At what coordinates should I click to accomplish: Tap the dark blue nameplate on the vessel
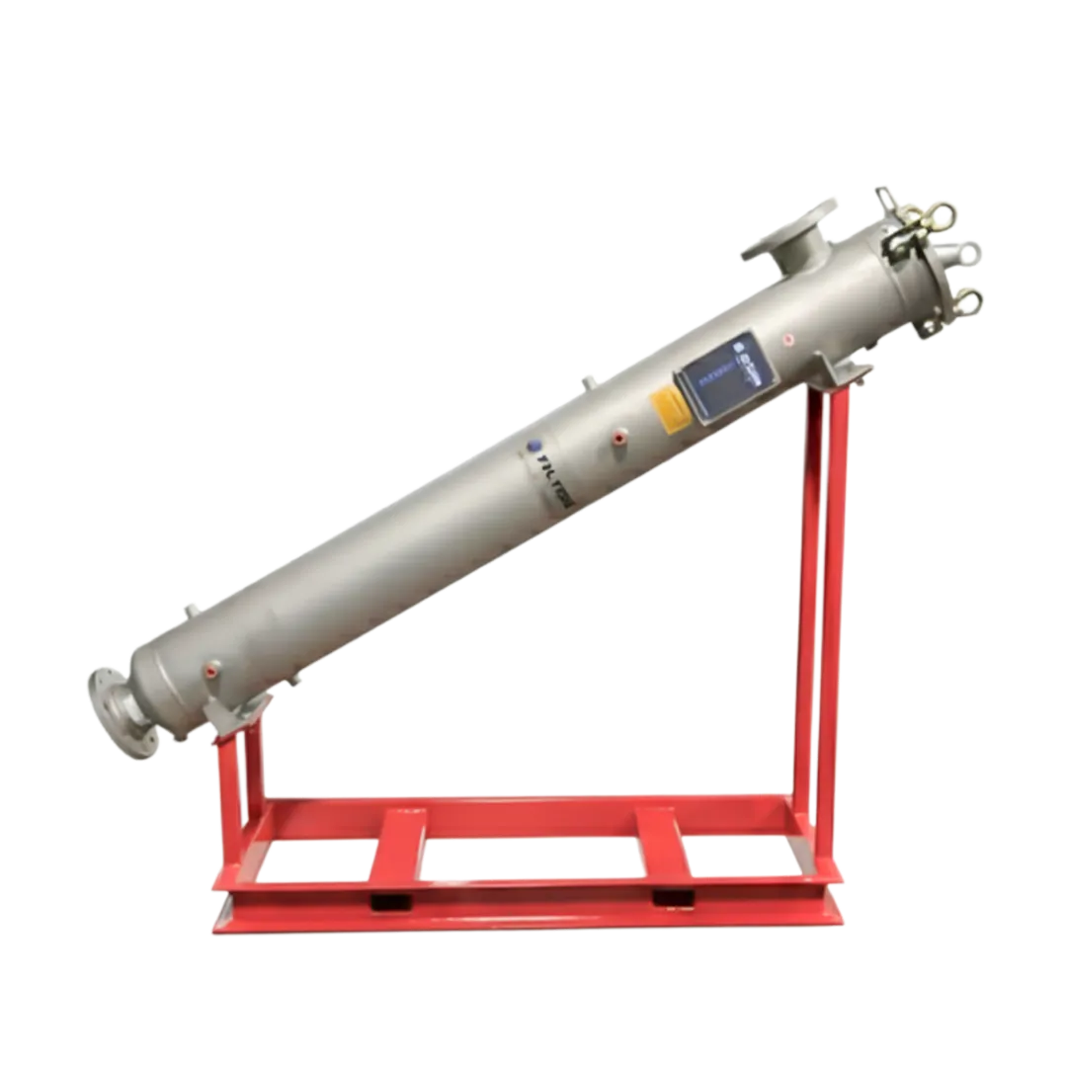[722, 374]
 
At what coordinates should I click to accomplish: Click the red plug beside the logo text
[618, 433]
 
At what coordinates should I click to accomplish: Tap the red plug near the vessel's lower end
[209, 668]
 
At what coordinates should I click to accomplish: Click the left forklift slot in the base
[381, 901]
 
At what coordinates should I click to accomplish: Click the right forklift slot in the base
[672, 898]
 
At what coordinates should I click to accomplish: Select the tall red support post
[821, 593]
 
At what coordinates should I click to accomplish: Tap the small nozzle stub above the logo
[586, 381]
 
